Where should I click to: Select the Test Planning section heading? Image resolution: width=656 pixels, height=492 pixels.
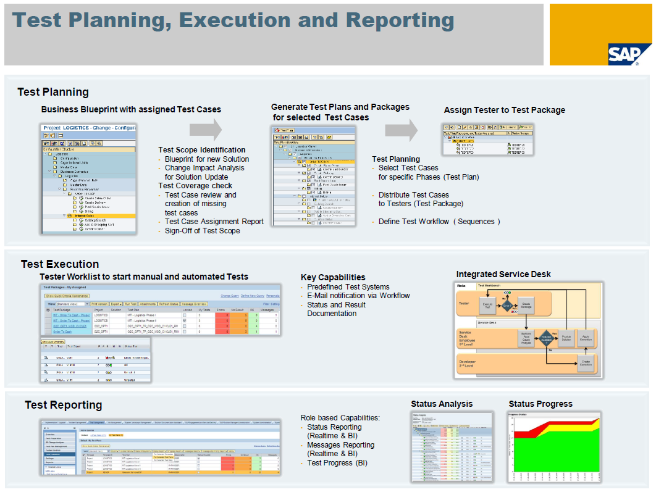[53, 92]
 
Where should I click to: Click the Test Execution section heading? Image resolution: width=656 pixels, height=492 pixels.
[59, 264]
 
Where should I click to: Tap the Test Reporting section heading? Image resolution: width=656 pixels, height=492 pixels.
[63, 405]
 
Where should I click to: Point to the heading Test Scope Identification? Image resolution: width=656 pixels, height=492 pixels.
[201, 149]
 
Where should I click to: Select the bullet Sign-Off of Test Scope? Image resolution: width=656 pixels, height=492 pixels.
[202, 230]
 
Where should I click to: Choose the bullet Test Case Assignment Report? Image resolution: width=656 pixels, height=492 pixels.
[214, 221]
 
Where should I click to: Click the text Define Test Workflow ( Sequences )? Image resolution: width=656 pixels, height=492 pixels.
[439, 221]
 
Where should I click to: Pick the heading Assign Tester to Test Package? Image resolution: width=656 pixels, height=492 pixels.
[504, 110]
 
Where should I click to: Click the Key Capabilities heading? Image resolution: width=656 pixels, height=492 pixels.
[333, 277]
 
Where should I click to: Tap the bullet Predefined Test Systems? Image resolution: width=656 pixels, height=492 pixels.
[348, 286]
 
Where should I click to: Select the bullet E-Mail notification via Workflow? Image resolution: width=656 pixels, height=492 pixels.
[358, 295]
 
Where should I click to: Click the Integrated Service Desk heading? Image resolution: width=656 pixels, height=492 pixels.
[503, 274]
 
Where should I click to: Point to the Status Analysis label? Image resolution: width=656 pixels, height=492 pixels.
[442, 404]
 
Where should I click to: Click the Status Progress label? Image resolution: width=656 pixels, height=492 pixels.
[540, 404]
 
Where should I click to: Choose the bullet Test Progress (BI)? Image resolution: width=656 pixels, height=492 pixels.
[337, 462]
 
